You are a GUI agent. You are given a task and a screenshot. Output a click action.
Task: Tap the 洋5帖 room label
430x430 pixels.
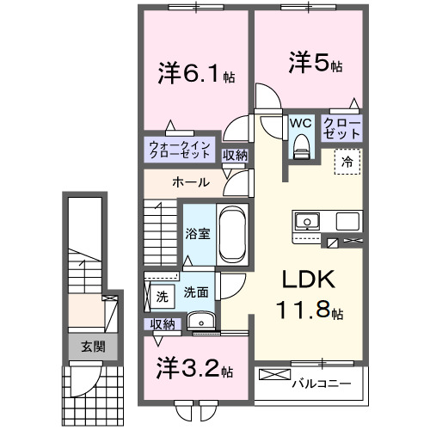pyautogui.click(x=315, y=64)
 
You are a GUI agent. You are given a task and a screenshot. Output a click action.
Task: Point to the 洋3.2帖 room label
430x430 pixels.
pyautogui.click(x=194, y=370)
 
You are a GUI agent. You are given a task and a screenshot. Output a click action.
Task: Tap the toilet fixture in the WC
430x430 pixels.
pyautogui.click(x=300, y=148)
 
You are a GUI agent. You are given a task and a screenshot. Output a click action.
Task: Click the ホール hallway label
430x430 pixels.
pyautogui.click(x=188, y=182)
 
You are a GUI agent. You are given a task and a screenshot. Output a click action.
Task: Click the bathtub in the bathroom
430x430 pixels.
pyautogui.click(x=231, y=236)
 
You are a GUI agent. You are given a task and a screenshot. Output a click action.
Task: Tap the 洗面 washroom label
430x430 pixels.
pyautogui.click(x=196, y=292)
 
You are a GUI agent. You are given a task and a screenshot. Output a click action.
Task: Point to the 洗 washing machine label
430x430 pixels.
pyautogui.click(x=162, y=297)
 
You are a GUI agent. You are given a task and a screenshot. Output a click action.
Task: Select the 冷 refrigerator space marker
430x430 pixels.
pyautogui.click(x=348, y=160)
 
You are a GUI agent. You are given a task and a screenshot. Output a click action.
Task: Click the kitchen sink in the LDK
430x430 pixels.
pyautogui.click(x=307, y=222)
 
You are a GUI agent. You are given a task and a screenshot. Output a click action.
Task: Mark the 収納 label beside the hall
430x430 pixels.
pyautogui.click(x=234, y=156)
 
